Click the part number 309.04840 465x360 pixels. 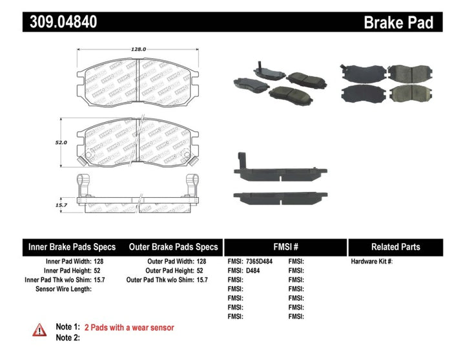[63, 22]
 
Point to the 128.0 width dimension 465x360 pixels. [140, 48]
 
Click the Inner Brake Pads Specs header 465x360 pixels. [72, 247]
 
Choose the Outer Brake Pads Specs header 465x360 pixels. [173, 247]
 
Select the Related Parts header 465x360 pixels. [395, 247]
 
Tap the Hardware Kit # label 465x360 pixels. [371, 262]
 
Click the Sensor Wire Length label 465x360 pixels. [63, 289]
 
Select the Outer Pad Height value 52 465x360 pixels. [200, 271]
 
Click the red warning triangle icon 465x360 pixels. [40, 330]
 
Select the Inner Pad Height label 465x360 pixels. [63, 271]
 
